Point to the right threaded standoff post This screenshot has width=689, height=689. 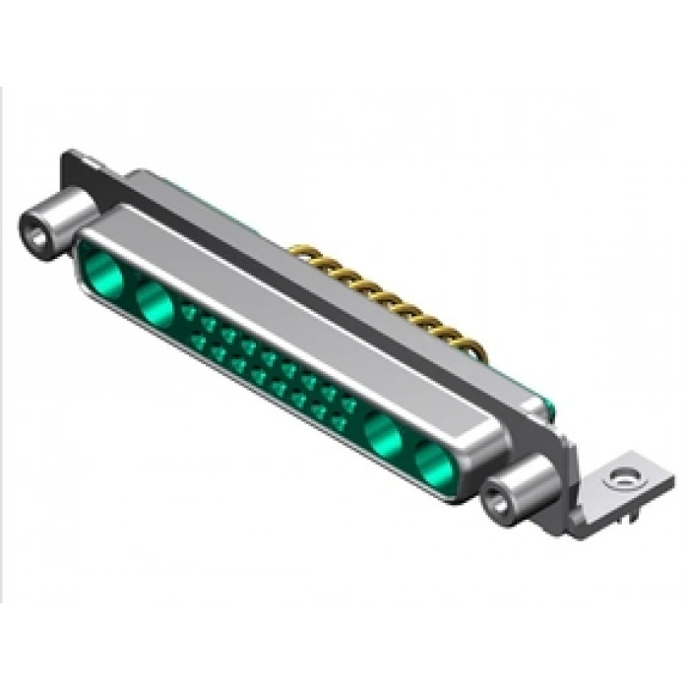(515, 488)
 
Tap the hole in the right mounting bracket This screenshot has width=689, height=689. (619, 479)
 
